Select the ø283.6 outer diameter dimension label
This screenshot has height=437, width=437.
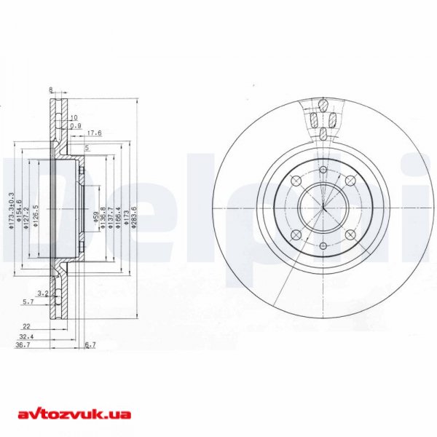[x=134, y=216]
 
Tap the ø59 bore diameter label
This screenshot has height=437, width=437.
[x=96, y=216]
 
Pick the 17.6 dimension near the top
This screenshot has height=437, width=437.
[x=93, y=133]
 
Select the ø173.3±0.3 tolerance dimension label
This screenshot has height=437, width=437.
[x=10, y=211]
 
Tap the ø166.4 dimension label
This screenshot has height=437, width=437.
[x=118, y=216]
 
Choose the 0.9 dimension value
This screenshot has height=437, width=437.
[x=75, y=126]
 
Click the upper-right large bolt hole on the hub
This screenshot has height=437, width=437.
[x=350, y=180]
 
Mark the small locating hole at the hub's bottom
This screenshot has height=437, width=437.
[x=323, y=245]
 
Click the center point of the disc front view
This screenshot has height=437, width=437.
[x=323, y=207]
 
